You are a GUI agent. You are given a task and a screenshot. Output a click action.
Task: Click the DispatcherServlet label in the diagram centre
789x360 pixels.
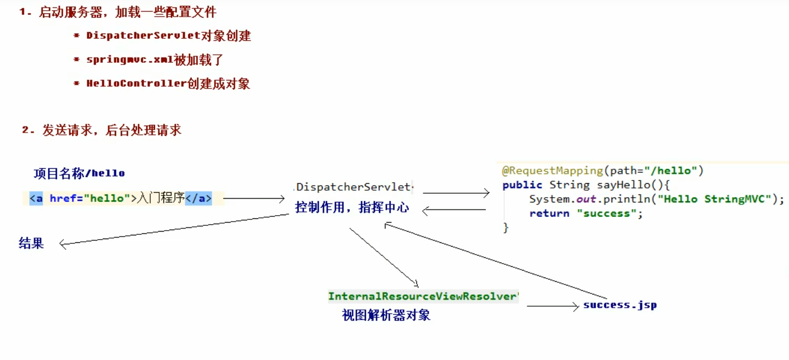click(x=354, y=187)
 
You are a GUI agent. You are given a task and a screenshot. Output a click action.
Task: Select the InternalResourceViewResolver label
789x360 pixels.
click(x=423, y=297)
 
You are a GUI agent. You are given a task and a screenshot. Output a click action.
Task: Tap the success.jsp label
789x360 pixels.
click(x=620, y=305)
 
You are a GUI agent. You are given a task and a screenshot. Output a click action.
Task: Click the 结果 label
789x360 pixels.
click(x=31, y=243)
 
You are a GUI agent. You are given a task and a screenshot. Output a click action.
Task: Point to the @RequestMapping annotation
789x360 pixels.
click(x=552, y=171)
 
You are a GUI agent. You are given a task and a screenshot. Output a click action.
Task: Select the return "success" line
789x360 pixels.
click(x=586, y=214)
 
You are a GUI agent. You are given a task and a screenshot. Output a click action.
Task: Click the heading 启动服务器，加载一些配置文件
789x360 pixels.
click(x=128, y=12)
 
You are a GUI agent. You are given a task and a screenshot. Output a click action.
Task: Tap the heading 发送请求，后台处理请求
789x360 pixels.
click(x=112, y=130)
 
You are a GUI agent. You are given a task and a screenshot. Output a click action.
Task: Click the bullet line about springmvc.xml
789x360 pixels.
click(x=154, y=60)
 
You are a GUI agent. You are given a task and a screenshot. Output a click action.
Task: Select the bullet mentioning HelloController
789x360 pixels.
click(x=168, y=84)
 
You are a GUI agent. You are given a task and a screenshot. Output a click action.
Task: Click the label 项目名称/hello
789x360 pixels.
click(x=79, y=173)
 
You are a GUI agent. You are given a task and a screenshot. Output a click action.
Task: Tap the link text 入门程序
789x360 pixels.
click(x=161, y=199)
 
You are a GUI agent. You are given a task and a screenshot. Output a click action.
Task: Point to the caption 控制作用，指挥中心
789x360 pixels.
click(x=352, y=208)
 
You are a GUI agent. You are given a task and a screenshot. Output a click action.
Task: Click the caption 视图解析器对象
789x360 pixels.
click(x=386, y=315)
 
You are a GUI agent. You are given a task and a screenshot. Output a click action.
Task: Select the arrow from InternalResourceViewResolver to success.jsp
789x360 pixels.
click(x=552, y=306)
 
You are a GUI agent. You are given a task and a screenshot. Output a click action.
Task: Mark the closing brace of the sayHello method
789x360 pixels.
click(x=506, y=228)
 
